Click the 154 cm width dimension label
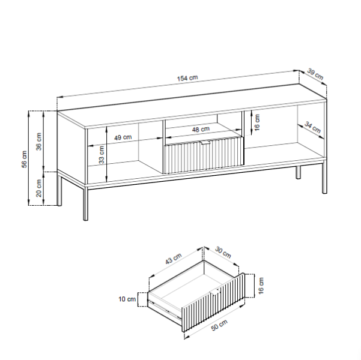(187, 78)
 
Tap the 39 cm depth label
(315, 74)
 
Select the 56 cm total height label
(25, 159)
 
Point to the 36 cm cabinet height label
(39, 142)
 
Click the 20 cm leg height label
(39, 188)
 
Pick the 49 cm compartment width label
(123, 137)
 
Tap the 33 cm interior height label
(102, 155)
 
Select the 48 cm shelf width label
(201, 129)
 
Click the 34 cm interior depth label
(313, 127)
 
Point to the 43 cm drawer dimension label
(174, 259)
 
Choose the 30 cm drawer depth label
(223, 252)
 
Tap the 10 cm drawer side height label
(127, 299)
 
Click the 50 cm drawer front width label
(219, 325)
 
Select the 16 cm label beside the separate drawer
(261, 286)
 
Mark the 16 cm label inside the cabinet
(257, 122)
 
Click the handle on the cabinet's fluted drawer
(205, 143)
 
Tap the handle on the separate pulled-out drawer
(215, 292)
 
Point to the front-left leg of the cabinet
(85, 203)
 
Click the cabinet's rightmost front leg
(324, 178)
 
